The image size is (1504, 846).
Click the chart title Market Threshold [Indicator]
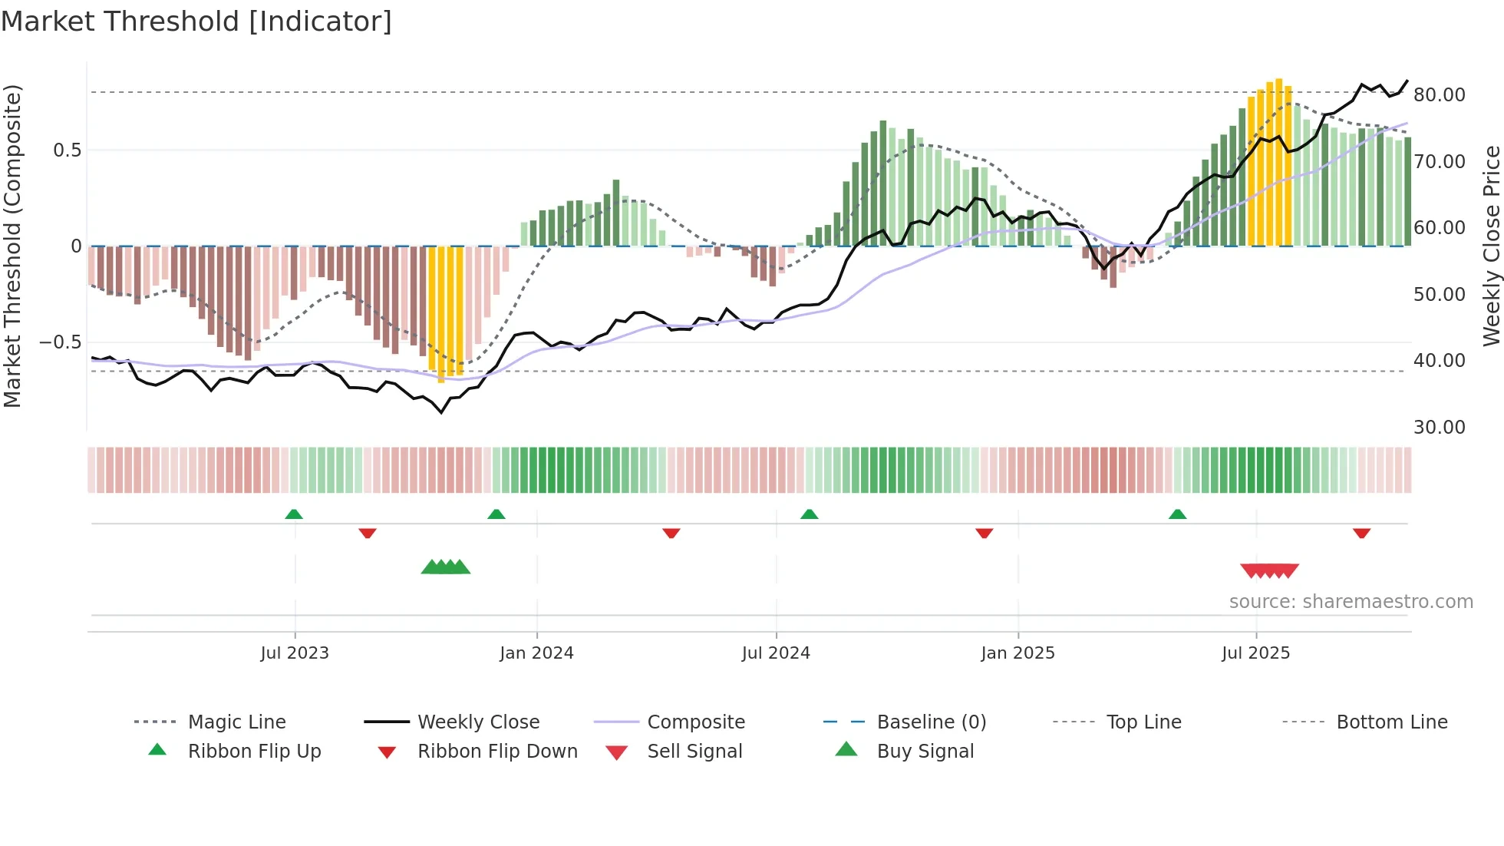(196, 21)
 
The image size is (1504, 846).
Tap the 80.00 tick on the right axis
(1439, 95)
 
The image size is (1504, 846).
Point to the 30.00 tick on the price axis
(1439, 428)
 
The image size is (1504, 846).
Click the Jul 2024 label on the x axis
(776, 653)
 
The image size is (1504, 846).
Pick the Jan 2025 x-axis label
(1018, 653)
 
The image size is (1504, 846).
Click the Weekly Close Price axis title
(1490, 246)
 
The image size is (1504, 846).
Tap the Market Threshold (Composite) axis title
(12, 246)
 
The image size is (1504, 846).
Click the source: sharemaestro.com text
(1351, 602)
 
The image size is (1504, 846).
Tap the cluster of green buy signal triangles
(446, 567)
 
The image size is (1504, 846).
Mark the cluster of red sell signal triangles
(1269, 570)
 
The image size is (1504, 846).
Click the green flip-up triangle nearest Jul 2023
(294, 514)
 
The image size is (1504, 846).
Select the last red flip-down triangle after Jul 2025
(1361, 533)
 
